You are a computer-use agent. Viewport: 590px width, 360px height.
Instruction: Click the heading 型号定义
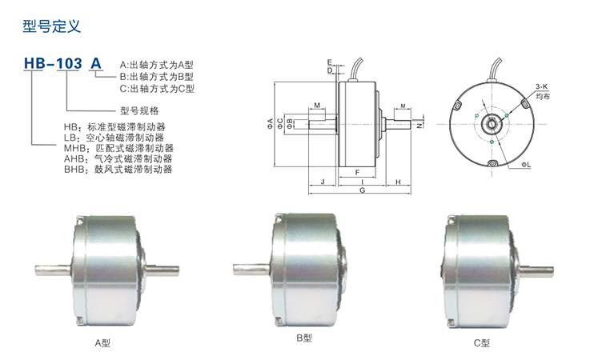(51, 26)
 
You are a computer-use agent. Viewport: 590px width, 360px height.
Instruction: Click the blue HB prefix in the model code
(34, 63)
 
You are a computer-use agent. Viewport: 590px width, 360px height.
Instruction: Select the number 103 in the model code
(69, 63)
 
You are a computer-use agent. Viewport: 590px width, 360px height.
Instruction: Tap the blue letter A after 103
(96, 63)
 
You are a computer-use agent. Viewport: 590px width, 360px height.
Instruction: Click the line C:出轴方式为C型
(157, 89)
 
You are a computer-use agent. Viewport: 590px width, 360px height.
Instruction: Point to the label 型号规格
(139, 110)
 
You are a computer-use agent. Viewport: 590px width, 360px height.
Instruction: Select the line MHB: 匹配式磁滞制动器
(118, 148)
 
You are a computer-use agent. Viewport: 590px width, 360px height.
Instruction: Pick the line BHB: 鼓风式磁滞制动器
(118, 170)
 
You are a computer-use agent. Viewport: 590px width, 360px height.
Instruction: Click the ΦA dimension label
(270, 124)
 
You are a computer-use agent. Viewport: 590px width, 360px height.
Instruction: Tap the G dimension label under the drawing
(362, 190)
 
